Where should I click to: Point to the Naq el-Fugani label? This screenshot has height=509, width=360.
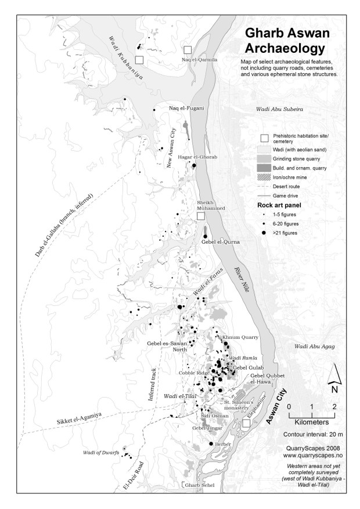pos(187,108)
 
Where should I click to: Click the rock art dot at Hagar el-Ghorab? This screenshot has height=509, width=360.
pos(194,165)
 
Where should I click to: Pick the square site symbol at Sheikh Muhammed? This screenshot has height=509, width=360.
pos(201,216)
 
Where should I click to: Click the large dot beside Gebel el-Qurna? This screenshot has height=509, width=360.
pos(205,236)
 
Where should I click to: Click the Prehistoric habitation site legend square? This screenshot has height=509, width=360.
pos(265,138)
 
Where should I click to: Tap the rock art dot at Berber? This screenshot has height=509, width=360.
pos(211,444)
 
